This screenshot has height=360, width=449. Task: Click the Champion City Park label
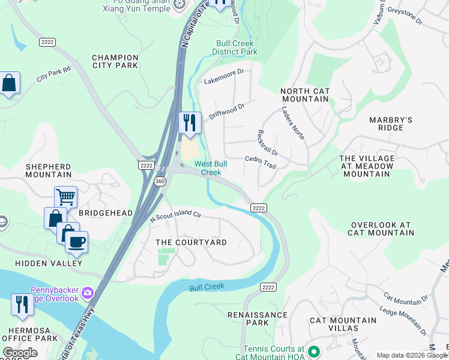coord(115,61)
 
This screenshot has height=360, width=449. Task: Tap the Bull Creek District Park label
coord(235,48)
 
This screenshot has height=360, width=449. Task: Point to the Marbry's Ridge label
coord(391,124)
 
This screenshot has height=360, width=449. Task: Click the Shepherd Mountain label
coord(48,170)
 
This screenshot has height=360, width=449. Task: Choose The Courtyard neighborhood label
coord(191,242)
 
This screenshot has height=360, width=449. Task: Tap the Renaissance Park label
coord(258,319)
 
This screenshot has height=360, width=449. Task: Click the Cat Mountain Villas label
coord(343,325)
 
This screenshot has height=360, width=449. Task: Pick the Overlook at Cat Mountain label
coord(381,229)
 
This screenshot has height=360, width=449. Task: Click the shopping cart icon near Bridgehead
coord(65,196)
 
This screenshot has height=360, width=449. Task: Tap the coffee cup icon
coord(76,242)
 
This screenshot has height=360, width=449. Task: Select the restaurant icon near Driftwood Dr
coord(190,122)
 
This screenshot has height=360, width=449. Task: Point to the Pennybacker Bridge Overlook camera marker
coord(88,292)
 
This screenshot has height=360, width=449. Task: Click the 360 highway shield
coord(159,181)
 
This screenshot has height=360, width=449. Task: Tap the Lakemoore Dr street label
coord(224,76)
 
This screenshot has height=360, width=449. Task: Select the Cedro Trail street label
coord(261,163)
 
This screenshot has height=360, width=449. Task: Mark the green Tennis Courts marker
coord(312,352)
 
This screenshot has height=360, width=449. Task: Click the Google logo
coord(20,353)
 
